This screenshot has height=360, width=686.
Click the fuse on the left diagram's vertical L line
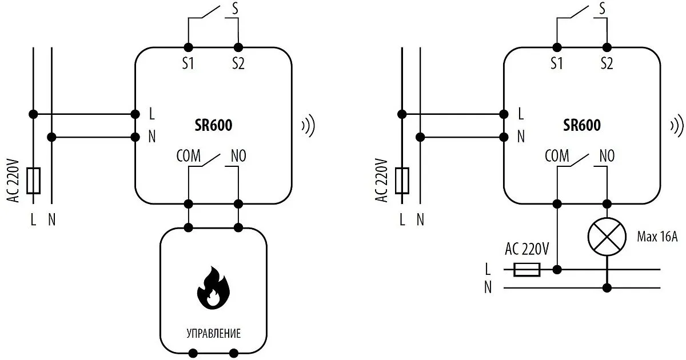click(33, 179)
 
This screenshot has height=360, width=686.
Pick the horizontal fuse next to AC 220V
click(527, 269)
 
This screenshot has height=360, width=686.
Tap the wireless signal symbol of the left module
click(308, 126)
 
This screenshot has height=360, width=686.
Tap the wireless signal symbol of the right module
click(677, 126)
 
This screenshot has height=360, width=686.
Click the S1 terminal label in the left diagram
click(188, 64)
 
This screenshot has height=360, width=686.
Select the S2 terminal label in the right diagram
click(607, 64)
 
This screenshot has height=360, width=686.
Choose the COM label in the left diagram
click(189, 155)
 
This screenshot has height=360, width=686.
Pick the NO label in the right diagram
click(607, 155)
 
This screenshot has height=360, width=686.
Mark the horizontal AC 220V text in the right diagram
click(527, 249)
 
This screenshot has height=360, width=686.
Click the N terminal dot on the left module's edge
click(135, 137)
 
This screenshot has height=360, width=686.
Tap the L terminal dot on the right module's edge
click(504, 114)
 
